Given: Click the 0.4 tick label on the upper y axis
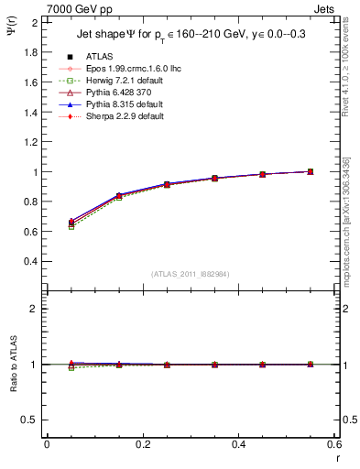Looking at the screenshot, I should click(x=32, y=261).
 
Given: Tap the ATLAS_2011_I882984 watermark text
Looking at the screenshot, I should click(x=191, y=274).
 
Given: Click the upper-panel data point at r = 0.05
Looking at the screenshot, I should click(x=71, y=223).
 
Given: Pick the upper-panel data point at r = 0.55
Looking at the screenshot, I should click(x=311, y=171).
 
